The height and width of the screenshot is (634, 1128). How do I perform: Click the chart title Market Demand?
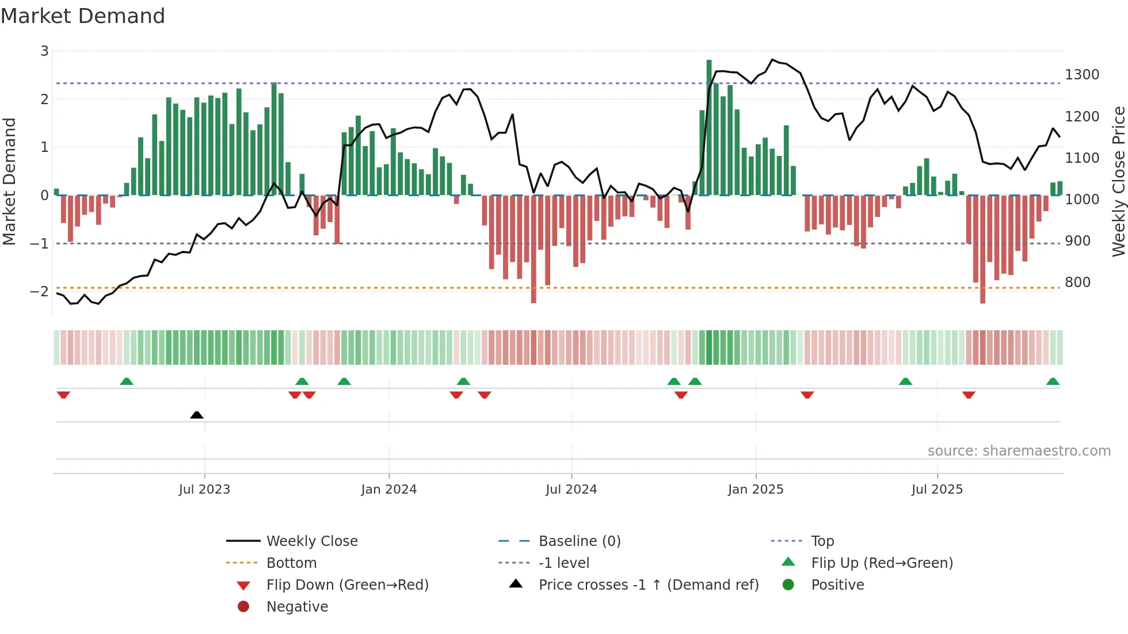(x=83, y=16)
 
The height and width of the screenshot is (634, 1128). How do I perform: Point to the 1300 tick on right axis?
(x=1082, y=75)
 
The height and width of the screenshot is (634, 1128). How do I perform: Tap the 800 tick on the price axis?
(x=1077, y=282)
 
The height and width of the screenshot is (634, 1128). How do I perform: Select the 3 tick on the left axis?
(x=44, y=51)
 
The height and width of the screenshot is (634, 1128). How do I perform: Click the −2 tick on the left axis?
(x=39, y=292)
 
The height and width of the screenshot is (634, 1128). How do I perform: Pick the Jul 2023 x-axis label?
(x=204, y=490)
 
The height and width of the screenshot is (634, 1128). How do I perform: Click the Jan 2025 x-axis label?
(x=755, y=490)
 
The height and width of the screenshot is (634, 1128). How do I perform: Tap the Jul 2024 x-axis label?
(x=571, y=490)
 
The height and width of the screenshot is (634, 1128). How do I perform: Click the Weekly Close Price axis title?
(x=1118, y=181)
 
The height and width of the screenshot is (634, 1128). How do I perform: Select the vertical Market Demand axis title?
(x=10, y=181)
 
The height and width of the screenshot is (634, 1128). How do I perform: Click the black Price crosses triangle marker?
(x=197, y=415)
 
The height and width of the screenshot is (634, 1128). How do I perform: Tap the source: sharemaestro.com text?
(x=1019, y=451)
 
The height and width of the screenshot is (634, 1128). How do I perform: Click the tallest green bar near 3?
(x=709, y=127)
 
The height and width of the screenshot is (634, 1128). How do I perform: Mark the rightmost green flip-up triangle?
(x=1053, y=381)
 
